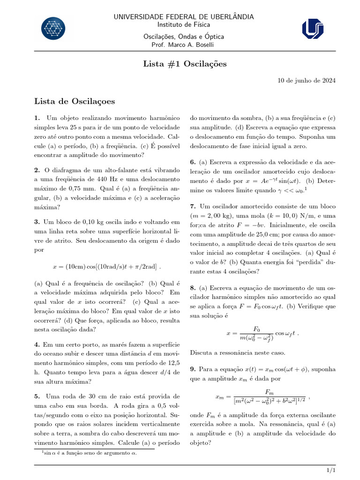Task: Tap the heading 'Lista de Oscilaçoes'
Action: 75,101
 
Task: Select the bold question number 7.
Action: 193,206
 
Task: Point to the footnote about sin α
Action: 89,453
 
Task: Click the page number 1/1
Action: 331,470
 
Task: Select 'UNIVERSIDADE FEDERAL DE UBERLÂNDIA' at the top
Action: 184,17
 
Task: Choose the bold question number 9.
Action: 193,369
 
